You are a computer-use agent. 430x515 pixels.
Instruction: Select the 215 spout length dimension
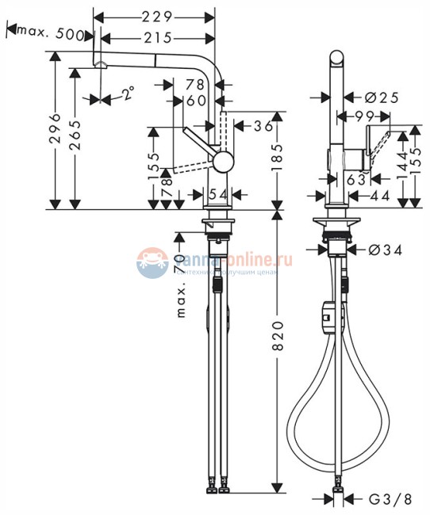158,37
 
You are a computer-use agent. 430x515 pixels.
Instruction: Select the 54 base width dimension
217,195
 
